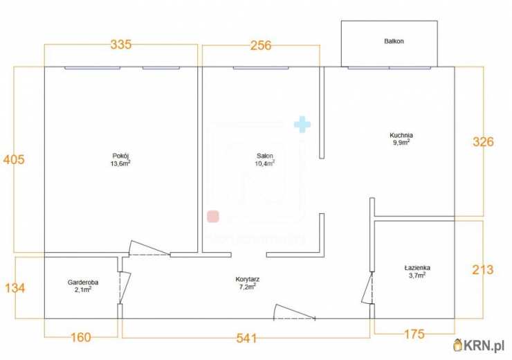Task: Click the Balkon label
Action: click(394, 41)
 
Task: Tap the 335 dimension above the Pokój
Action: click(121, 44)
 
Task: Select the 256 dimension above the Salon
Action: click(261, 46)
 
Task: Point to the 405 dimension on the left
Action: click(14, 159)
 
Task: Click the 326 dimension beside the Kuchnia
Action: click(483, 142)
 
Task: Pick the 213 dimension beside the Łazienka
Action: click(483, 269)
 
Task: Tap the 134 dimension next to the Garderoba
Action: click(15, 288)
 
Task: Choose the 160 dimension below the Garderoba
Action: click(81, 337)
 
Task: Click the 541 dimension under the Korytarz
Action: click(246, 338)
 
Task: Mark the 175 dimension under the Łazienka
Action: click(414, 334)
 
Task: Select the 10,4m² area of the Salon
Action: click(264, 163)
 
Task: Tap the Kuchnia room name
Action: click(401, 135)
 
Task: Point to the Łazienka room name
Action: click(417, 268)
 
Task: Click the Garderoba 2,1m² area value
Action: click(83, 289)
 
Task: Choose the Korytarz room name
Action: click(248, 280)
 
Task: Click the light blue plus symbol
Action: click(302, 125)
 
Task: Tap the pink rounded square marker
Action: click(213, 217)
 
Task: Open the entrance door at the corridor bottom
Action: click(294, 312)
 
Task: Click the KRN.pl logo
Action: click(479, 345)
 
